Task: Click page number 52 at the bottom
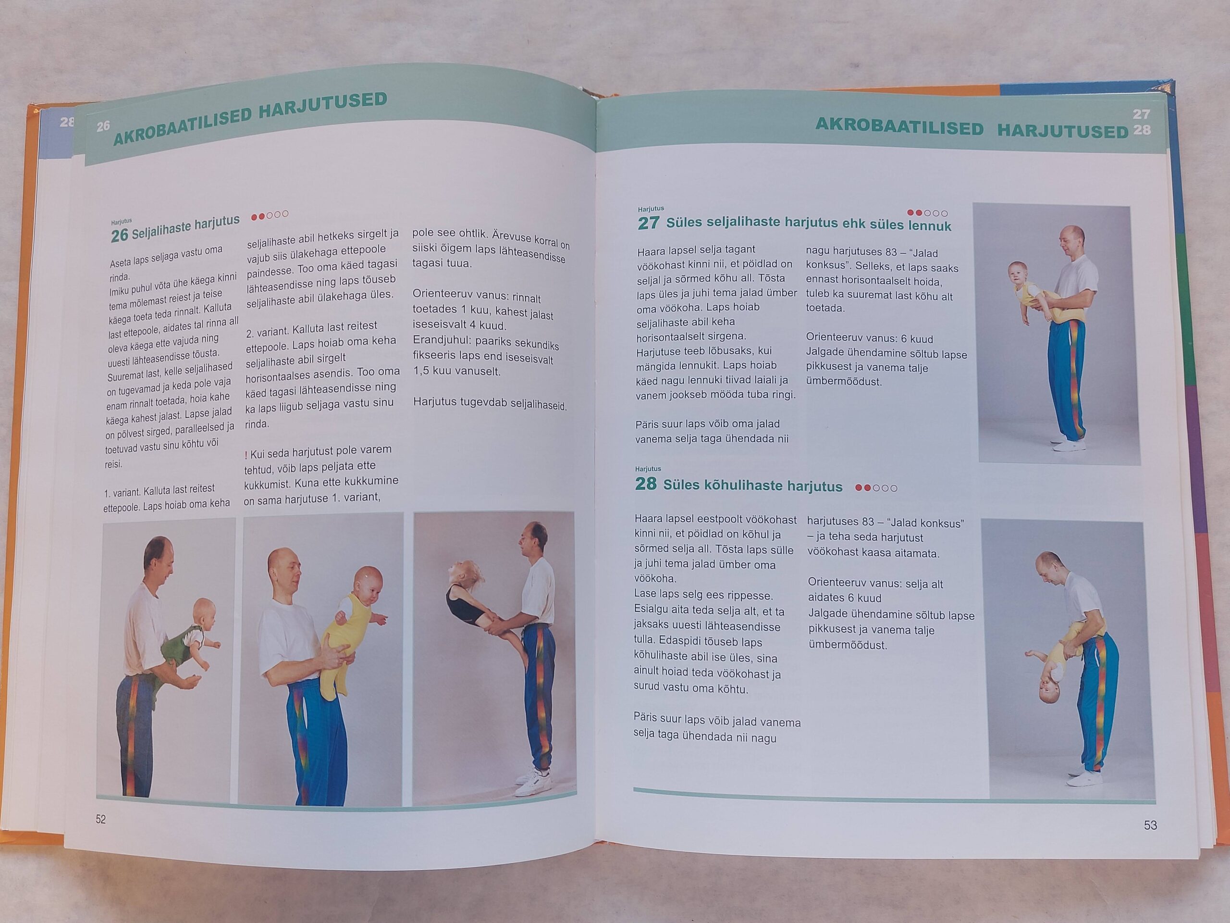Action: click(x=100, y=819)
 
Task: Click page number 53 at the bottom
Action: click(x=1150, y=825)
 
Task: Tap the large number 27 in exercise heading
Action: click(x=648, y=223)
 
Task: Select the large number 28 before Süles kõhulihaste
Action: click(x=646, y=484)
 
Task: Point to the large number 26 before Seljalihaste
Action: click(x=120, y=236)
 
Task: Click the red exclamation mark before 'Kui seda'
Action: click(x=246, y=455)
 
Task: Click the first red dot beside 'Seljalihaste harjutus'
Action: click(x=254, y=216)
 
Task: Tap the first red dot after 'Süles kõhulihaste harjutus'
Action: click(x=859, y=488)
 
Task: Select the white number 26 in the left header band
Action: click(x=103, y=126)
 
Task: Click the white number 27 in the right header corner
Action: click(x=1141, y=114)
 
